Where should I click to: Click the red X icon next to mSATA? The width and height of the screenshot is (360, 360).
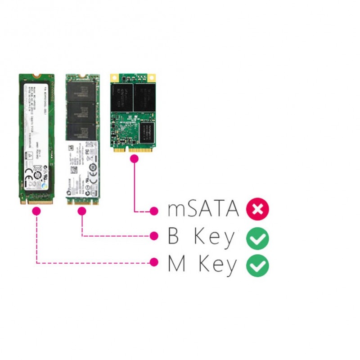point(257,210)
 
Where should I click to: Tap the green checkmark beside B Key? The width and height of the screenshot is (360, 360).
point(257,238)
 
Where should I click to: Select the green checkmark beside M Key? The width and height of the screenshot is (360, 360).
point(257,265)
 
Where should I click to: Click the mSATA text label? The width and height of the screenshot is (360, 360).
point(203,209)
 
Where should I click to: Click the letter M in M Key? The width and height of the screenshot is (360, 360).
point(176,264)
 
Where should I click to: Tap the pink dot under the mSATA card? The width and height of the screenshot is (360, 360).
point(134,158)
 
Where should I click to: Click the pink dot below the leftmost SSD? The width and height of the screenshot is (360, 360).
point(36,211)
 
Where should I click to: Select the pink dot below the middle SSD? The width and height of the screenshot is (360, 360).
point(82,211)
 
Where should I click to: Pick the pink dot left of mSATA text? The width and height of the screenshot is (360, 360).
point(154,210)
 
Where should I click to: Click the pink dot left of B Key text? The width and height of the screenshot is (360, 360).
point(154,235)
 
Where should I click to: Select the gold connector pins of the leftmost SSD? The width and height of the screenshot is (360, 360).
point(39,201)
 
